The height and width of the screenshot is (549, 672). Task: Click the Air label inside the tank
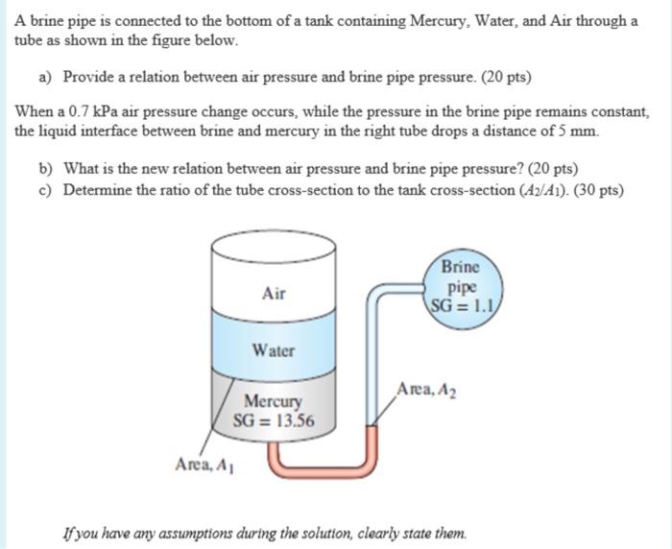coord(274,294)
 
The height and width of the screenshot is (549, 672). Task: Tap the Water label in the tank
coord(274,350)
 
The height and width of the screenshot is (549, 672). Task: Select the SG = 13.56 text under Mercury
coord(274,419)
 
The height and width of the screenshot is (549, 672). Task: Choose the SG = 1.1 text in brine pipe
coord(461,304)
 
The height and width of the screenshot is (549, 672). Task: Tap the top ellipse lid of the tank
coord(274,244)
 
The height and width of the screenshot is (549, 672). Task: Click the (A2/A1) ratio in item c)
coord(525,190)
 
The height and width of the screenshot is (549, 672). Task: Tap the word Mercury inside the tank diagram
coord(274,401)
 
